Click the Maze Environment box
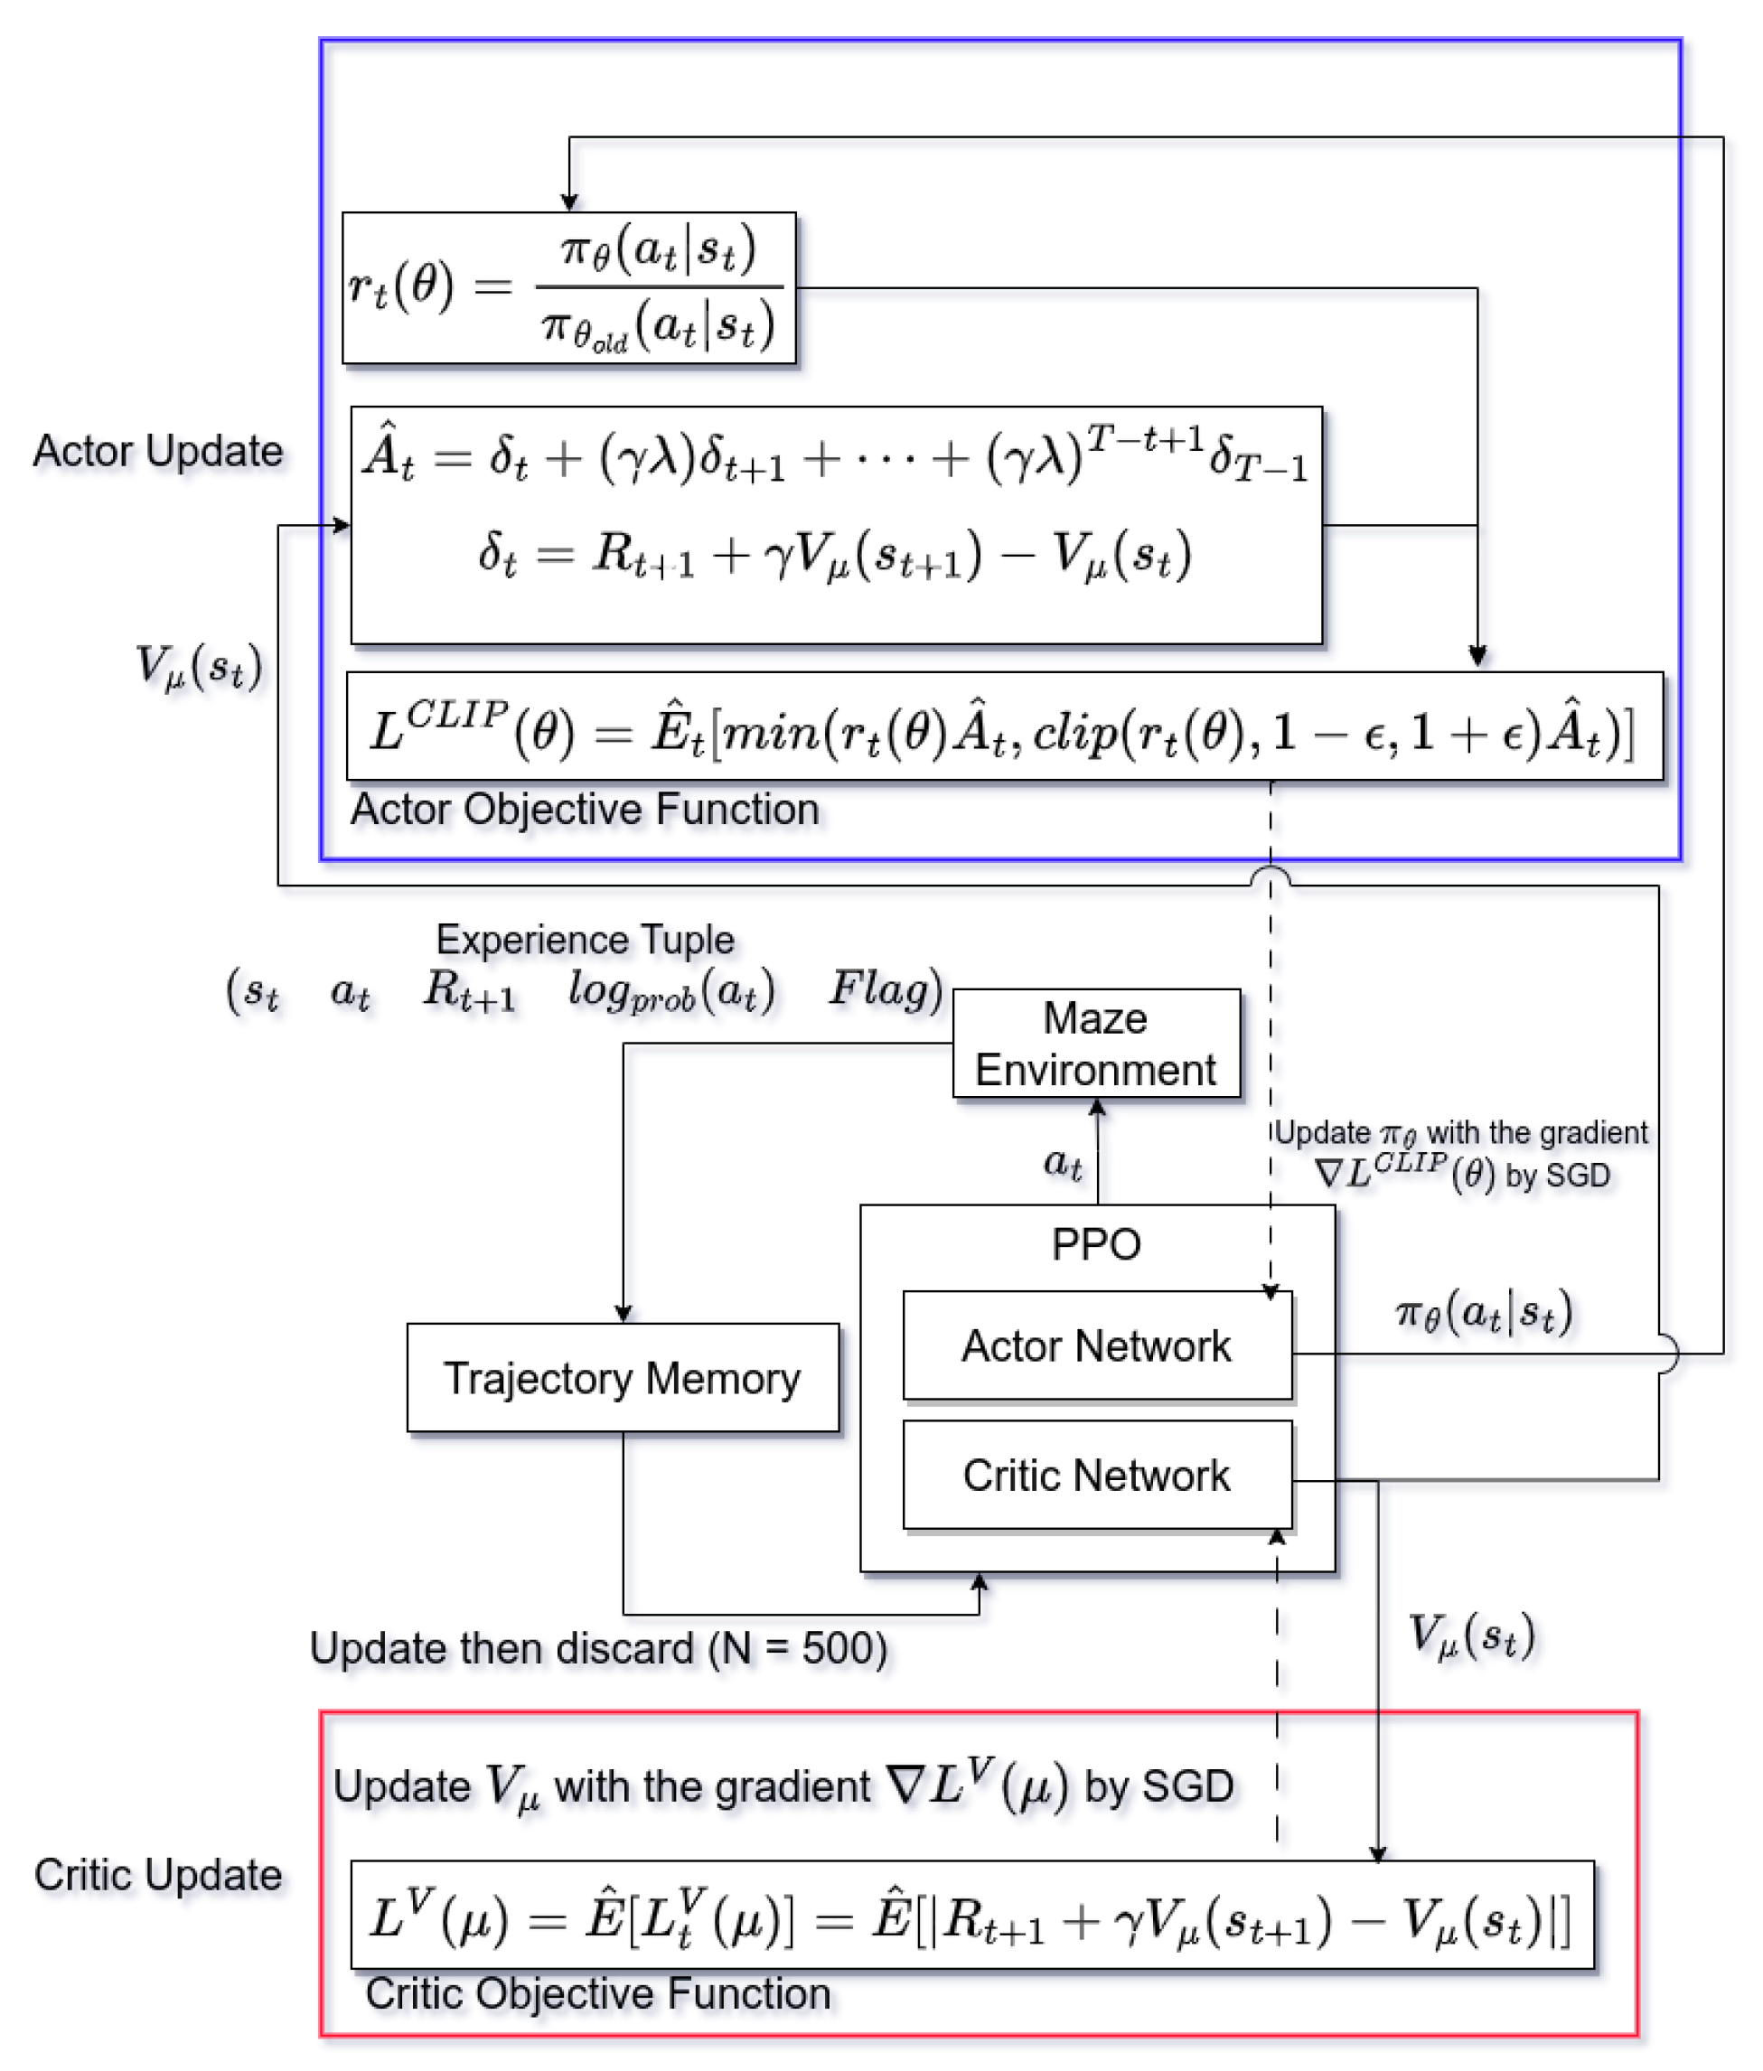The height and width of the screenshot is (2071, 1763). tap(1096, 1044)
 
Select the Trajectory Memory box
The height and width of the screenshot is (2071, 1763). tap(622, 1378)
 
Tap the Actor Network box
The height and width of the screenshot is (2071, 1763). tap(1096, 1345)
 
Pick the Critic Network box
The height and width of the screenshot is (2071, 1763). tap(1096, 1476)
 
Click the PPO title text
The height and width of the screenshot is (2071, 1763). tap(1095, 1244)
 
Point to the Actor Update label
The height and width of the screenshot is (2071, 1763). tap(158, 451)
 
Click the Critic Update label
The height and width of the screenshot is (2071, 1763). tap(158, 1875)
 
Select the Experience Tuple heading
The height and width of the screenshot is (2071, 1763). tap(585, 940)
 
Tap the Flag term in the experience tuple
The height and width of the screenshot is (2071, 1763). tap(884, 989)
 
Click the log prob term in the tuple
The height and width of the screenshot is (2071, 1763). tap(671, 991)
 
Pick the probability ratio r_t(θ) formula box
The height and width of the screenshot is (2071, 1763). tap(568, 288)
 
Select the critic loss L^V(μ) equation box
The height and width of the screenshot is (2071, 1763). tap(971, 1916)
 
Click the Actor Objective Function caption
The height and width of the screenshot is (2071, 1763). tap(584, 810)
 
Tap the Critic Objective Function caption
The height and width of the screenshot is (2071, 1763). tap(597, 1994)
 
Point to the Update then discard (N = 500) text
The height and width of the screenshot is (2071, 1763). tap(597, 1648)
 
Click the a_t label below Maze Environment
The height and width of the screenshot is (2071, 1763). tap(1062, 1162)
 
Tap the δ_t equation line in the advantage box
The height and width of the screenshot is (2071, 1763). tap(835, 555)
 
